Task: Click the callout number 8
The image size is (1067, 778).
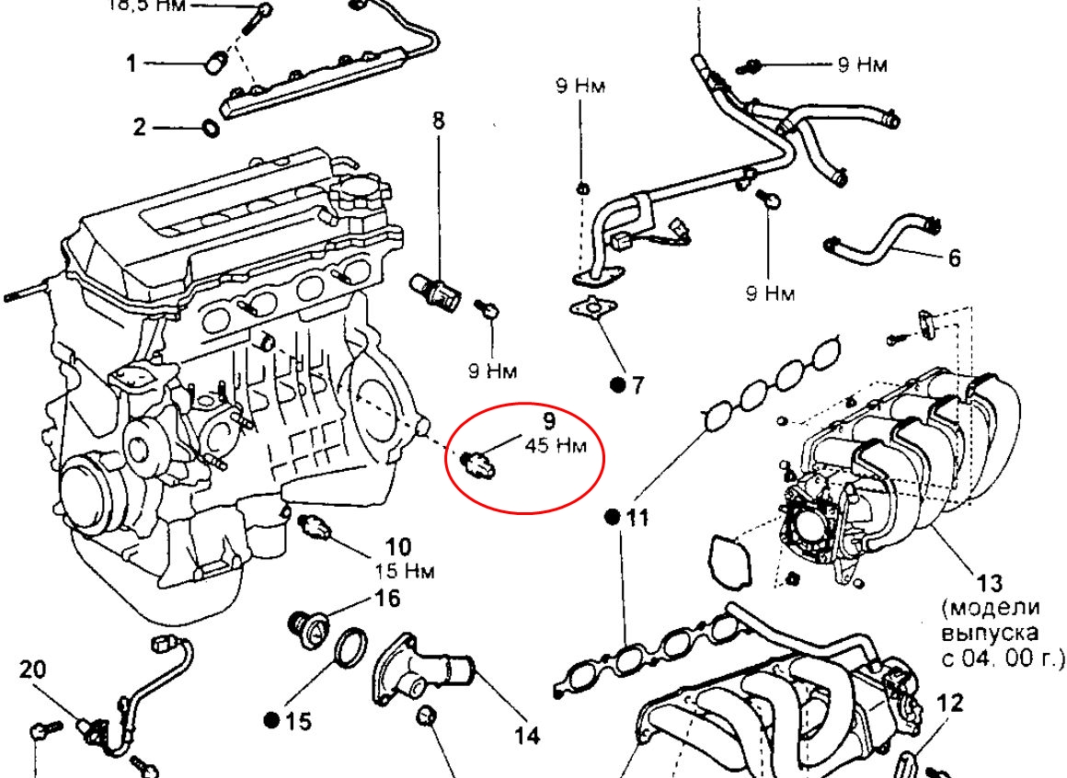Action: tap(438, 120)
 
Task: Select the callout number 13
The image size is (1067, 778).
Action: tap(989, 583)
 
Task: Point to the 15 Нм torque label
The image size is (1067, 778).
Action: tap(405, 571)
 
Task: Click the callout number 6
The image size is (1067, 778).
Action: tap(953, 257)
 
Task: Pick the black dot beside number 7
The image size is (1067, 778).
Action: tap(615, 384)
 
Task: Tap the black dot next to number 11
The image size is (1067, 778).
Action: tap(611, 518)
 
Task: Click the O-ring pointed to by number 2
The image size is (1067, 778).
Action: tap(211, 128)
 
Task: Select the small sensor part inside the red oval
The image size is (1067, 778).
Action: tap(479, 461)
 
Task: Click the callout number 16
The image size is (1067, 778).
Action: tap(387, 599)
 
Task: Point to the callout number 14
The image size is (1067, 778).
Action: tap(526, 735)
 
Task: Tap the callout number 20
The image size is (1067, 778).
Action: tap(32, 670)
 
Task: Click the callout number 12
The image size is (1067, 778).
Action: tap(950, 704)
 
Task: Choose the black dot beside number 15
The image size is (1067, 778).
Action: tap(271, 720)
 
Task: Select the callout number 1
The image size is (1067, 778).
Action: tap(132, 63)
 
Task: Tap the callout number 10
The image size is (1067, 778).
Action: tap(397, 548)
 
